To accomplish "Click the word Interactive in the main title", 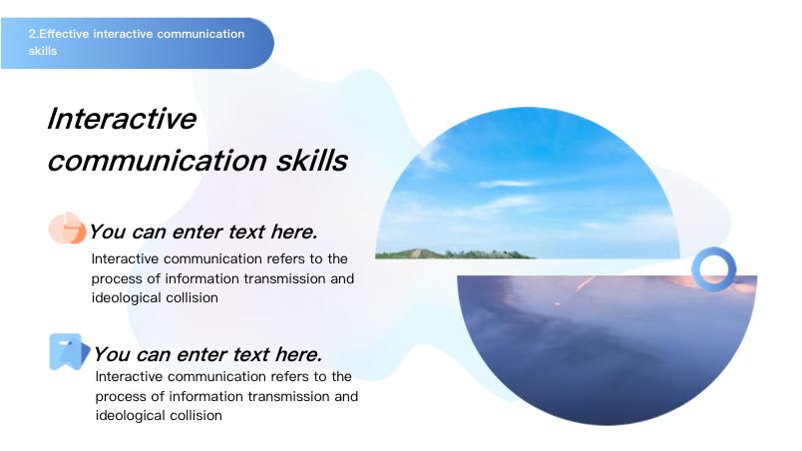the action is click(122, 119).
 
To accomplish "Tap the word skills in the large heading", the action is click(312, 161).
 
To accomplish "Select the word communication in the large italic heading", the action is click(158, 162).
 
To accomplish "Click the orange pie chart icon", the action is click(67, 228).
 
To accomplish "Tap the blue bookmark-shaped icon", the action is click(69, 352).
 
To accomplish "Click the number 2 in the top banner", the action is click(32, 34).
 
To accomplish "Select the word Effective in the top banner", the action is click(64, 34).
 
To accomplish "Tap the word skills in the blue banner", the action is click(43, 51).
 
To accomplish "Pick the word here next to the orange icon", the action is click(294, 231).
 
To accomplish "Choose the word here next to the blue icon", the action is click(298, 354).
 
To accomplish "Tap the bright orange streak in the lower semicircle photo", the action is click(585, 283).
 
